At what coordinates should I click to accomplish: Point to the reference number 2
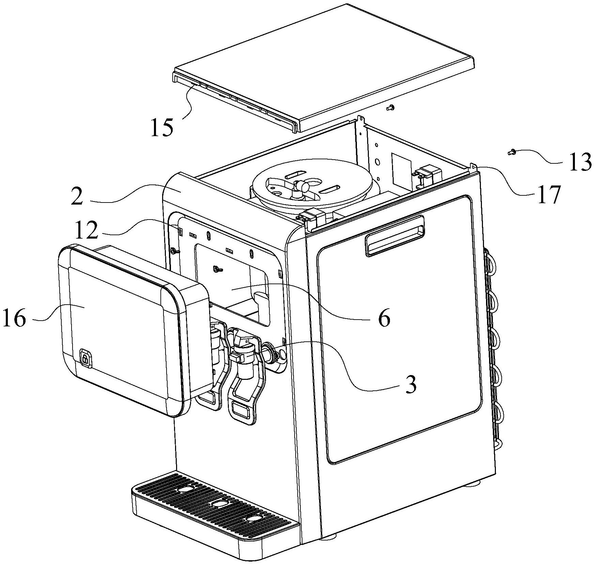(77, 197)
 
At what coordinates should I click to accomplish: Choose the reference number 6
(385, 319)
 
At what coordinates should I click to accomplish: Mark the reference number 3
(411, 385)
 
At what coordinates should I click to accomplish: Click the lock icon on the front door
(85, 358)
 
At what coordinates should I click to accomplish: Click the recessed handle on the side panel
(395, 235)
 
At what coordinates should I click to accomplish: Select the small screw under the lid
(390, 108)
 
